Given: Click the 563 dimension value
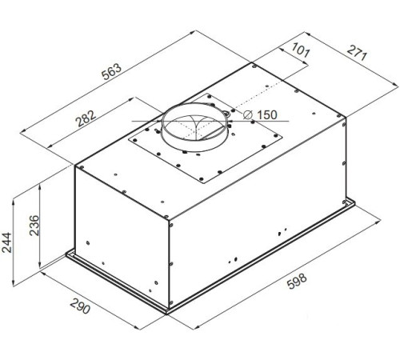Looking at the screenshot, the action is click(112, 71).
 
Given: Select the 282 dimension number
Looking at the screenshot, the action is click(86, 118).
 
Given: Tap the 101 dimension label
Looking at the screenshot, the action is click(301, 50).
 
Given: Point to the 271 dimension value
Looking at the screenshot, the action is click(357, 52).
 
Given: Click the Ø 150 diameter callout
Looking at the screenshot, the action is click(260, 114).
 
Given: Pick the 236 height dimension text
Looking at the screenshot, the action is click(34, 226).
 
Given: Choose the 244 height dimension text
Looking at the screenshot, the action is click(6, 242).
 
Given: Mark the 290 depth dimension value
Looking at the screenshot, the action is click(80, 306).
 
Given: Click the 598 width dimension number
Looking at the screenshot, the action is click(297, 281).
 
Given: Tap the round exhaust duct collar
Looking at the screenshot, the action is click(195, 127).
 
